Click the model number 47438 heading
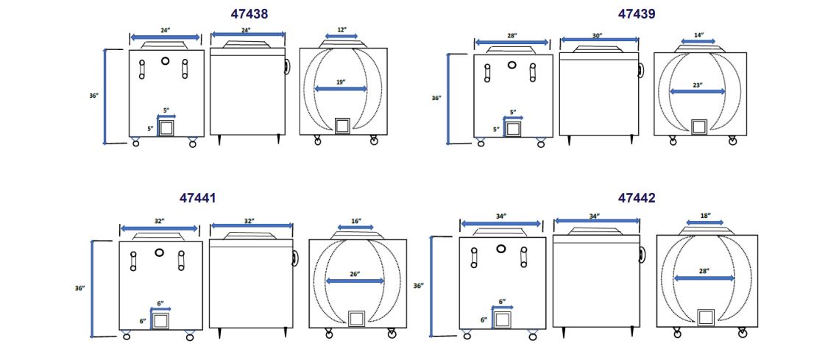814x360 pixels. pos(249,14)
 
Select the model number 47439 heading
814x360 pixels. pos(637,14)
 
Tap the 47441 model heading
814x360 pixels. pos(198,198)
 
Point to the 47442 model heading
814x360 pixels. pos(637,198)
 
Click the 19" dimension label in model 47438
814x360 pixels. pos(341,82)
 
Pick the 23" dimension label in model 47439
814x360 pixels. pos(697,85)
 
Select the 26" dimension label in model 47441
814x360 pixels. pos(355,274)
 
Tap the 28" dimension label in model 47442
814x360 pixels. pos(704,271)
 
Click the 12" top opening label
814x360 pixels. pos(341,29)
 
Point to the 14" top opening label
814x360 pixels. pos(698,35)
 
